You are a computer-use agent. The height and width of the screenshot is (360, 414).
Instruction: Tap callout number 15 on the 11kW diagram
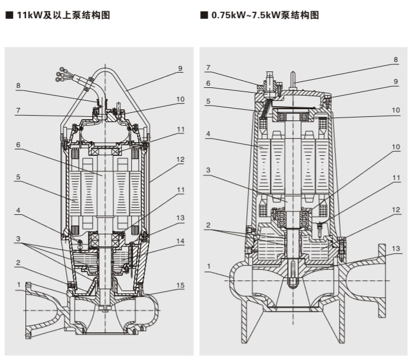click(x=181, y=286)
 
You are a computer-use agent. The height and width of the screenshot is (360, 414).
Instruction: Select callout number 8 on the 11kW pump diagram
click(x=19, y=86)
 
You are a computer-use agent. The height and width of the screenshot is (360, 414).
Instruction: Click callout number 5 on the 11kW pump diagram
click(x=19, y=175)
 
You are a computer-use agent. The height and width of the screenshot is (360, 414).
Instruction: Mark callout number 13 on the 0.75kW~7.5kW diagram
click(x=396, y=248)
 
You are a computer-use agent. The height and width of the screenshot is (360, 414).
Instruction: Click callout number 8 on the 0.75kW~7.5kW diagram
click(x=396, y=60)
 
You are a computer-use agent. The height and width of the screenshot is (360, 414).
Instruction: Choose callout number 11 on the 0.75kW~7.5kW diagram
click(x=396, y=176)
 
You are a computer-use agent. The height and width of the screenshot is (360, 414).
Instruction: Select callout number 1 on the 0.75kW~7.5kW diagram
click(x=208, y=266)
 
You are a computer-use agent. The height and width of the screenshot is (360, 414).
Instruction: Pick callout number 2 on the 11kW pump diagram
click(x=19, y=263)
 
